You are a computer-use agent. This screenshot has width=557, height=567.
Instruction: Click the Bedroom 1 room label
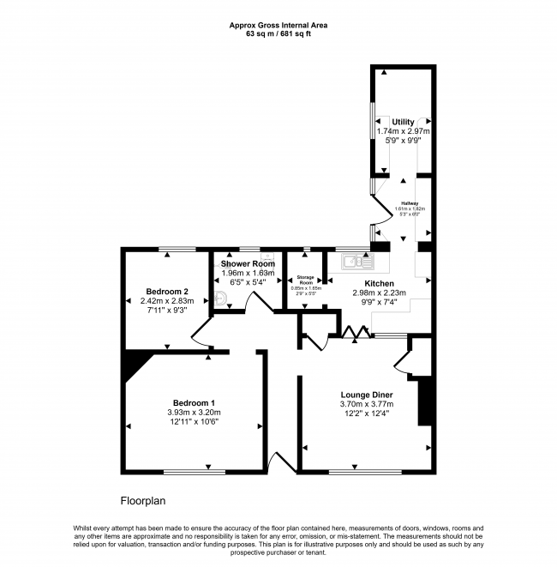(194, 402)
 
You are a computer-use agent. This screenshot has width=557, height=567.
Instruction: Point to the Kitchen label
(379, 282)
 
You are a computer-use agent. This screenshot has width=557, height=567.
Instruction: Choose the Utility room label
(403, 122)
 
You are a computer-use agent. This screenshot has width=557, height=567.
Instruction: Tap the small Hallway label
(410, 202)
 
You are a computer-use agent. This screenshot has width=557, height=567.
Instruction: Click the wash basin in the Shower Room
(220, 299)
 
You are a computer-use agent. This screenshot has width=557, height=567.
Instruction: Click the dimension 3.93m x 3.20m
(194, 412)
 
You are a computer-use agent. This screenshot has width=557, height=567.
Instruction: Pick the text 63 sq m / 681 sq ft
(278, 35)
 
